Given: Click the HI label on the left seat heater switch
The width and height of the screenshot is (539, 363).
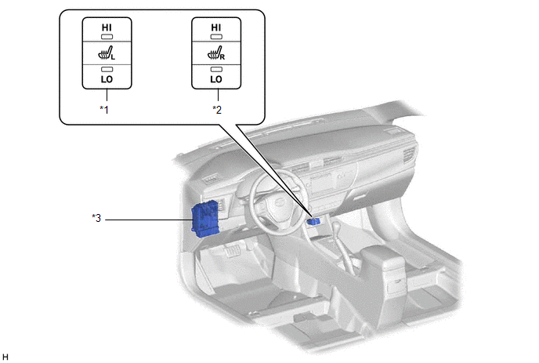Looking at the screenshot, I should (x=106, y=27).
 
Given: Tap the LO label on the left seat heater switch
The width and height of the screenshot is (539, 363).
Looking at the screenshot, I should (x=106, y=80).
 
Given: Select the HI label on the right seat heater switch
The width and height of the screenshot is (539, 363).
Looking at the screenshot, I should (x=215, y=27).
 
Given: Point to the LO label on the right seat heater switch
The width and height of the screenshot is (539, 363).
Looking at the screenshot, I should (x=215, y=80).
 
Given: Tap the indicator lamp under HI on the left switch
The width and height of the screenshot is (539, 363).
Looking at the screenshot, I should (x=106, y=38).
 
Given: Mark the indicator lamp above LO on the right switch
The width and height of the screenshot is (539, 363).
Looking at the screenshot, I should (x=215, y=70).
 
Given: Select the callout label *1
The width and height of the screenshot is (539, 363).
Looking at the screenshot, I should (x=103, y=110).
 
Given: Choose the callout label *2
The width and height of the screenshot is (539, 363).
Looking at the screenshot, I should (x=217, y=110).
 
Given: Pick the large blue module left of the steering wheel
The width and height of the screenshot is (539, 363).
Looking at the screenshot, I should (x=207, y=217).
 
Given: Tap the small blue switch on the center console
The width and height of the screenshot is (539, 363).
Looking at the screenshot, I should (x=315, y=222).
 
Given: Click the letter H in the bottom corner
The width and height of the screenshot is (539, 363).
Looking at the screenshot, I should (x=5, y=357).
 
